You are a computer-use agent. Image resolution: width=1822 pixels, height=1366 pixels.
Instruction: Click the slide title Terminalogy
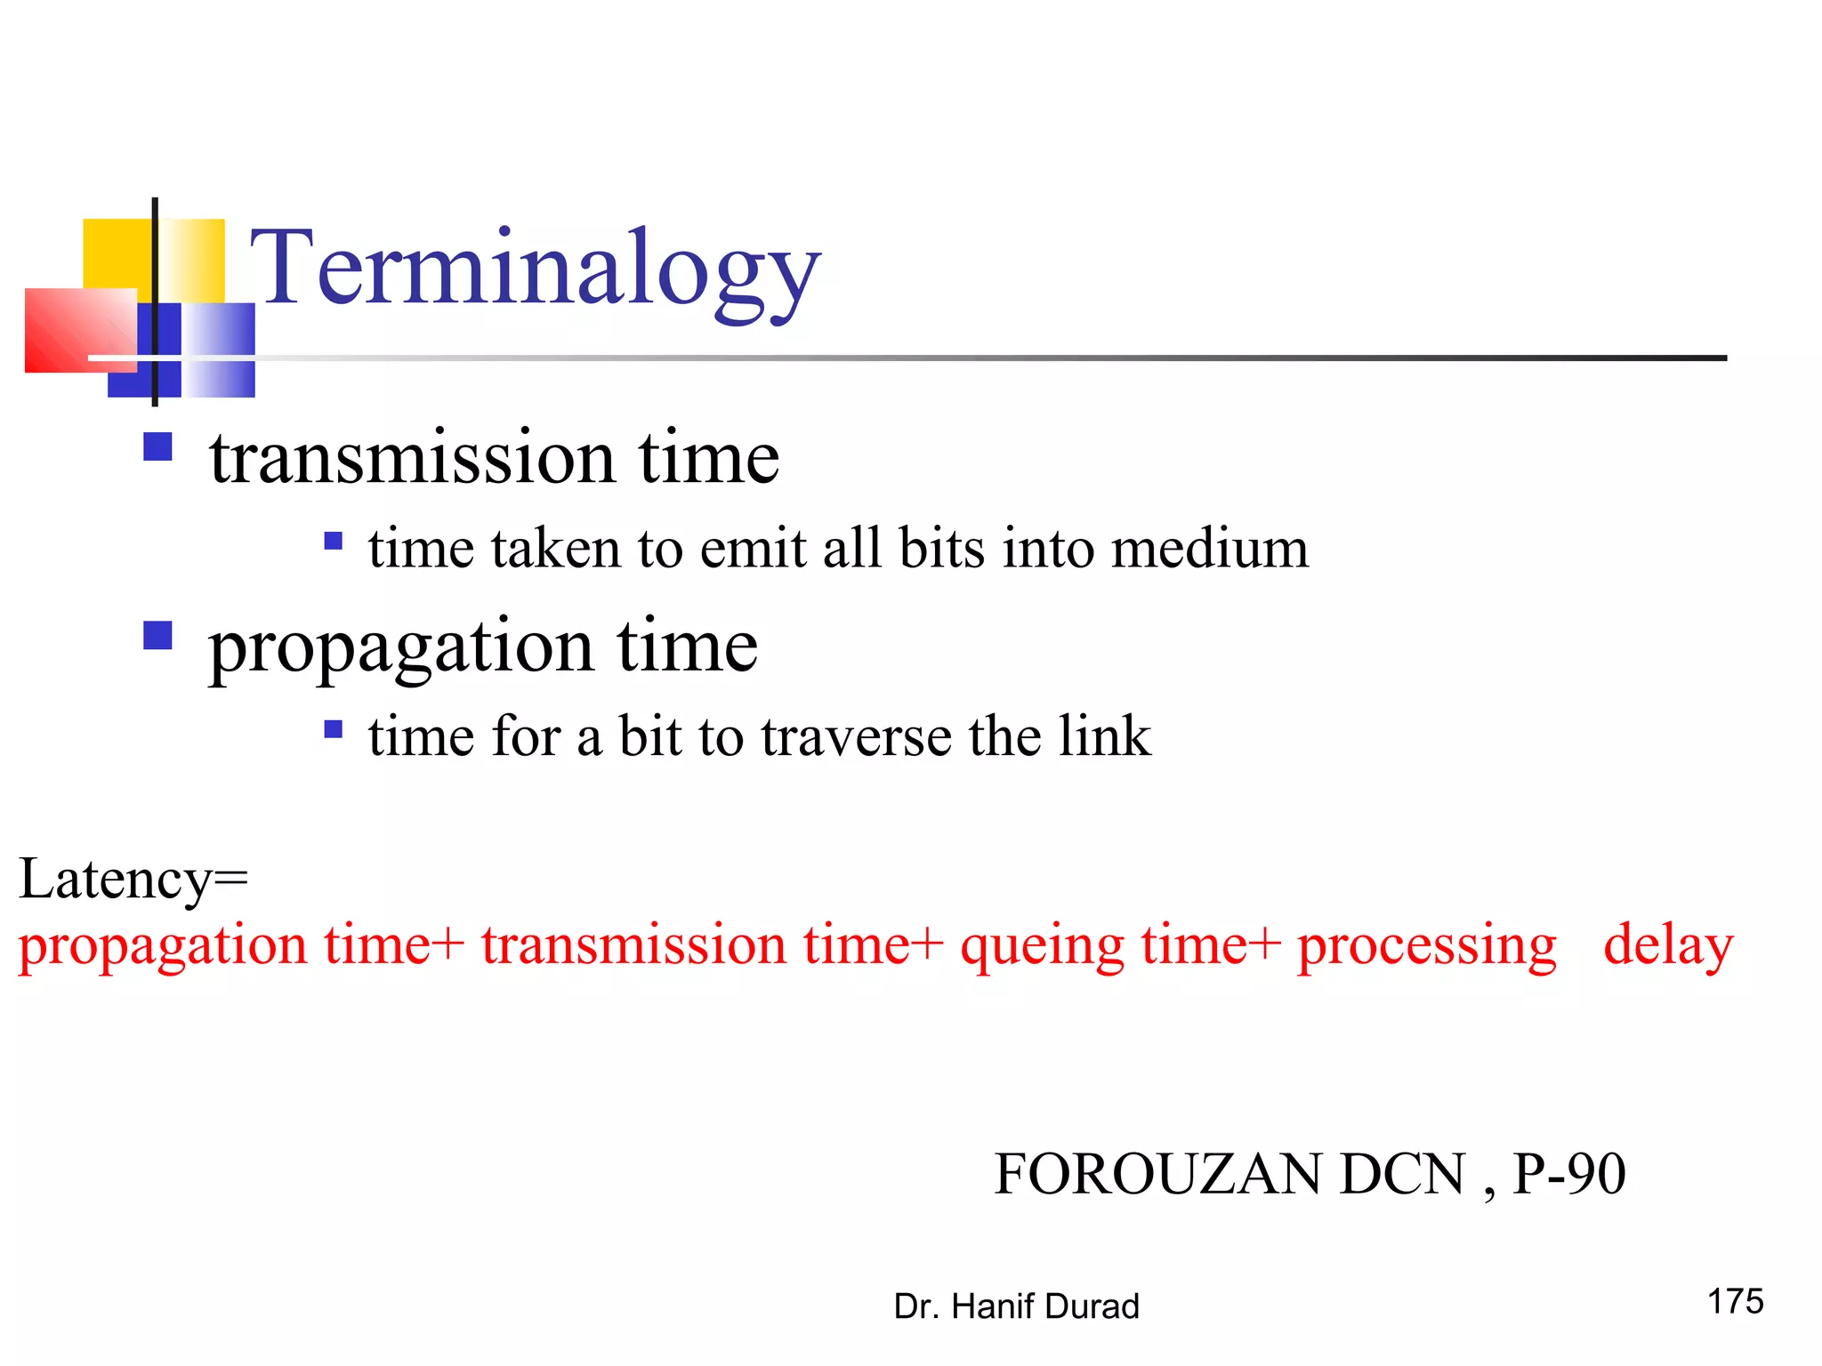(535, 267)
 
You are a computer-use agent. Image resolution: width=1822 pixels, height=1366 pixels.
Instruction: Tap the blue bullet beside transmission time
(157, 446)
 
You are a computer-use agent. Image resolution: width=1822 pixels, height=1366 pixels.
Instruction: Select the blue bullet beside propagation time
(157, 636)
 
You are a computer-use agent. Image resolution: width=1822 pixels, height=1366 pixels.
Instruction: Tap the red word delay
(1668, 944)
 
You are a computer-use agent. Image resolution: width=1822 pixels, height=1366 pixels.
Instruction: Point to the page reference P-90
(1569, 1174)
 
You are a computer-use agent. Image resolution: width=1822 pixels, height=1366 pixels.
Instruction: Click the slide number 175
(1735, 1301)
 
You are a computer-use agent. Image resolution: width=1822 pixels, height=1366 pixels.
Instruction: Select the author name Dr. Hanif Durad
(1016, 1306)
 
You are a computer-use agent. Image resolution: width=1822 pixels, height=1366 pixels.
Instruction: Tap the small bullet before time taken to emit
(334, 541)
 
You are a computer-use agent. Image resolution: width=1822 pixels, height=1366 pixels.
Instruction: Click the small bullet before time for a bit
(334, 730)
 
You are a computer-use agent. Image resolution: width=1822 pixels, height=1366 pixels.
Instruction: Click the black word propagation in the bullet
(401, 647)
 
